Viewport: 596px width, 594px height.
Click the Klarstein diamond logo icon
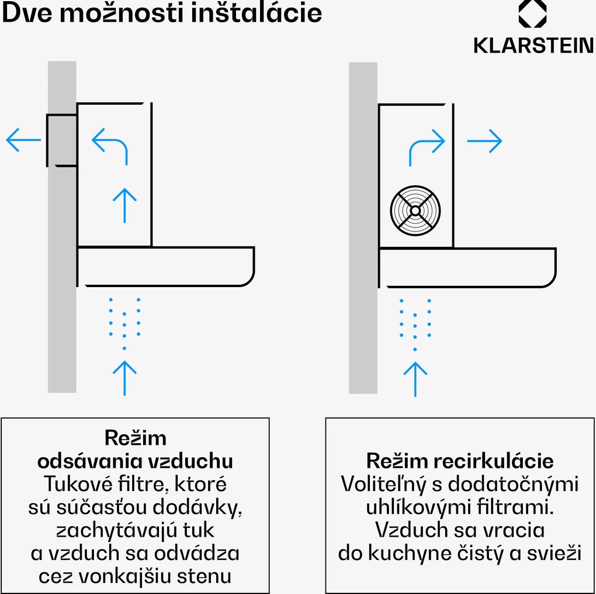tap(532, 13)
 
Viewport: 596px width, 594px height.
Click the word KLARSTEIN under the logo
tap(533, 46)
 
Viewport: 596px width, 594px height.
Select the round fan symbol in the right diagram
tap(415, 210)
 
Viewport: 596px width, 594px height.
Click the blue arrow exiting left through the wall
tap(23, 140)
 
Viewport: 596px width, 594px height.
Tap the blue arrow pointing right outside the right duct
tap(485, 141)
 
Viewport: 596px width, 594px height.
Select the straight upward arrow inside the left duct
tap(124, 205)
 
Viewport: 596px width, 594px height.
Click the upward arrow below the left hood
tap(124, 377)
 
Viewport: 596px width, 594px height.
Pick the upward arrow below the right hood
tap(415, 378)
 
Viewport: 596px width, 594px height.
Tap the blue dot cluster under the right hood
tap(415, 323)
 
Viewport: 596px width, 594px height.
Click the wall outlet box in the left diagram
tap(61, 140)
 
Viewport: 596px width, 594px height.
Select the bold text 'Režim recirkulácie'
tap(459, 461)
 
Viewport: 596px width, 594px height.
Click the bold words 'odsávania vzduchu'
tap(135, 461)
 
